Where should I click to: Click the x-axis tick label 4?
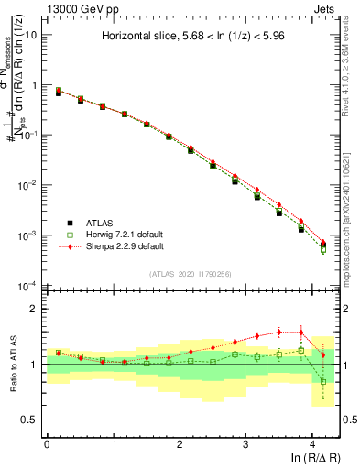pos(312,443)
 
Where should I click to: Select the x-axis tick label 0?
pos(47,443)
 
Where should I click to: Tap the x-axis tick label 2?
pos(180,443)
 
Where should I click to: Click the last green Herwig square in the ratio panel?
pos(322,381)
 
